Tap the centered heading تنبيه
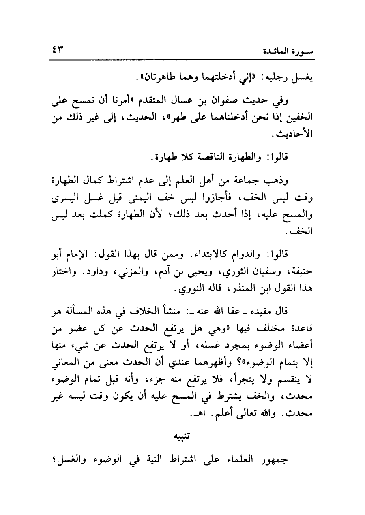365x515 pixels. [182, 436]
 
